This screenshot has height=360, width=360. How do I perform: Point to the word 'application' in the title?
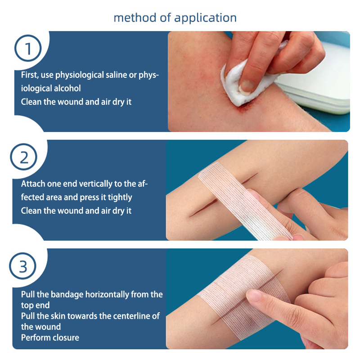(x=205, y=18)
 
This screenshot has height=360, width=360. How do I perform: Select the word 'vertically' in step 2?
(x=96, y=184)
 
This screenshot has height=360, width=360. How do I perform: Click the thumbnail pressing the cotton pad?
(x=246, y=87)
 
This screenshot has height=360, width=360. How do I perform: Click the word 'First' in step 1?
(x=29, y=75)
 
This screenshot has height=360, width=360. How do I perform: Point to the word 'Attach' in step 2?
(x=33, y=184)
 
